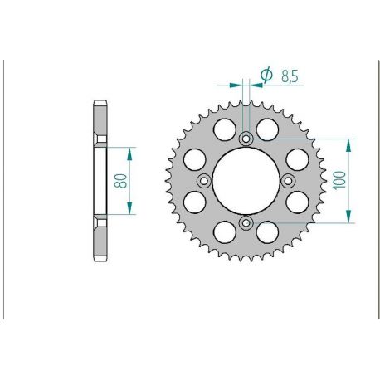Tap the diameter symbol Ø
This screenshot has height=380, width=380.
266,76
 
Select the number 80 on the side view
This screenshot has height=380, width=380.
121,181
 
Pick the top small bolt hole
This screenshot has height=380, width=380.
246,139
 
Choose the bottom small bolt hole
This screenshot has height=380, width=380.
246,223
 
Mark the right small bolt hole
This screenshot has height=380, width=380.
288,181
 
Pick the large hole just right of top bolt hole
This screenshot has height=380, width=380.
266,129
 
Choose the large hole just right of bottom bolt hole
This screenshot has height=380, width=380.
266,232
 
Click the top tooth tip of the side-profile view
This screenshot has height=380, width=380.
100,104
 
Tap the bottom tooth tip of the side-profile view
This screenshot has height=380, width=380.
100,258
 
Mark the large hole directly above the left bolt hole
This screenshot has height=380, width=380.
194,160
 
